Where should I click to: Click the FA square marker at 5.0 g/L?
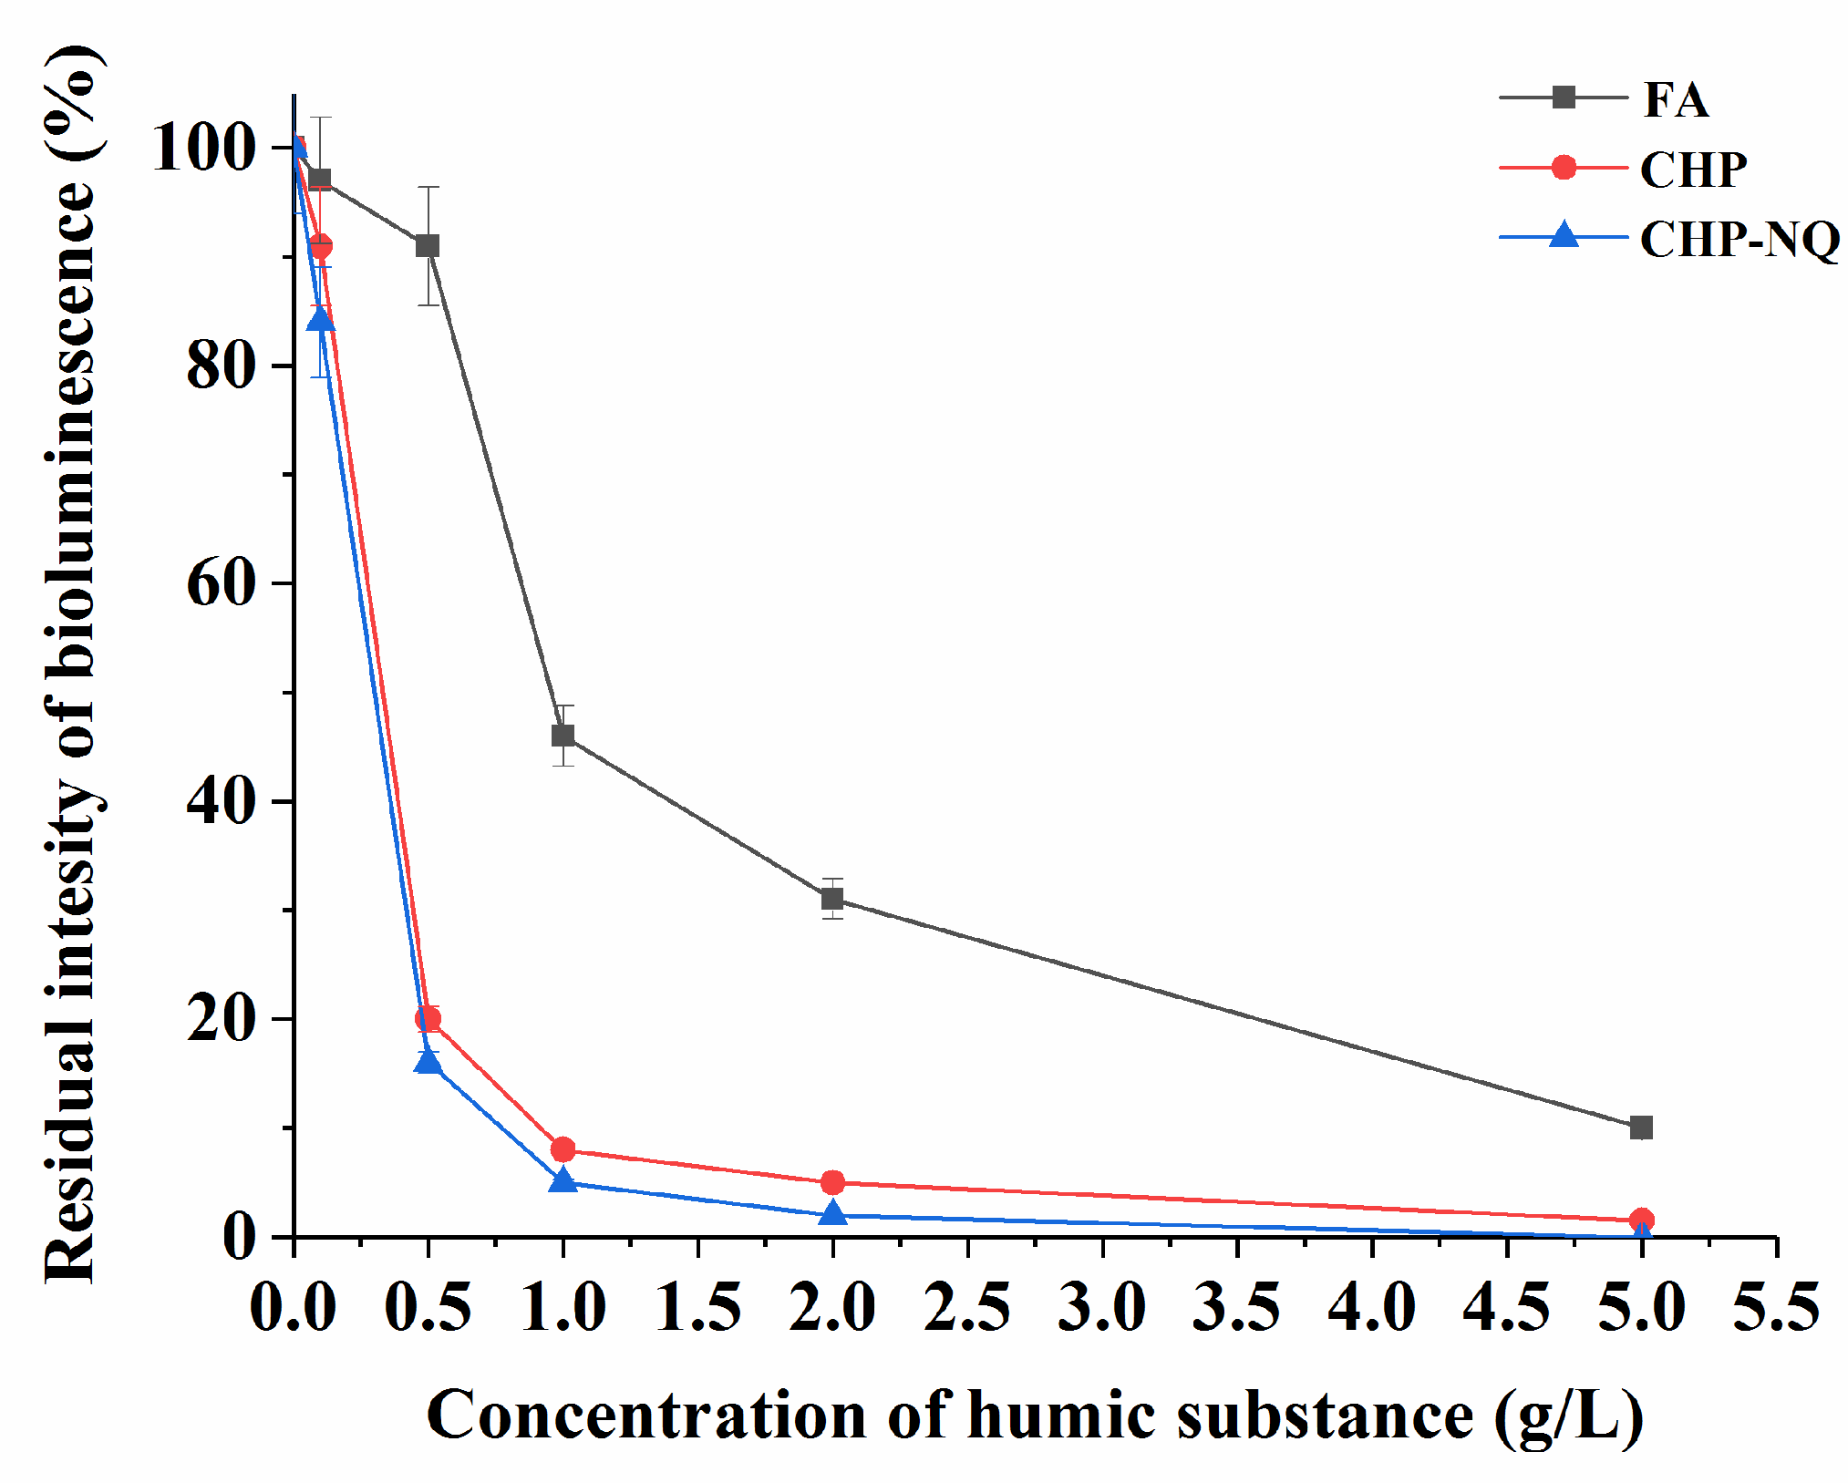(x=1641, y=1128)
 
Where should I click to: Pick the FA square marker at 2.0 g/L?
(x=832, y=899)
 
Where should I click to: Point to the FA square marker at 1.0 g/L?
(x=563, y=735)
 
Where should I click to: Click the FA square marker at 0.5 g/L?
(x=428, y=246)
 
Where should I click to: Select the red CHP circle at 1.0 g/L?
(x=563, y=1149)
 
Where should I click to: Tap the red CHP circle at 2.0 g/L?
(x=832, y=1182)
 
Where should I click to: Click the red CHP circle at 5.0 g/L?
(x=1641, y=1220)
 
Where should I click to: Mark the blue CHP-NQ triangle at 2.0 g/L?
(x=832, y=1214)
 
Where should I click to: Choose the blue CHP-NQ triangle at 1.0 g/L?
(x=563, y=1181)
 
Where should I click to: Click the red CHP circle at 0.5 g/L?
(x=428, y=1019)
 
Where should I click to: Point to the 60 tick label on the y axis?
(x=220, y=583)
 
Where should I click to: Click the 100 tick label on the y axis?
(x=202, y=147)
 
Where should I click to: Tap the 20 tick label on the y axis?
(x=220, y=1019)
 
